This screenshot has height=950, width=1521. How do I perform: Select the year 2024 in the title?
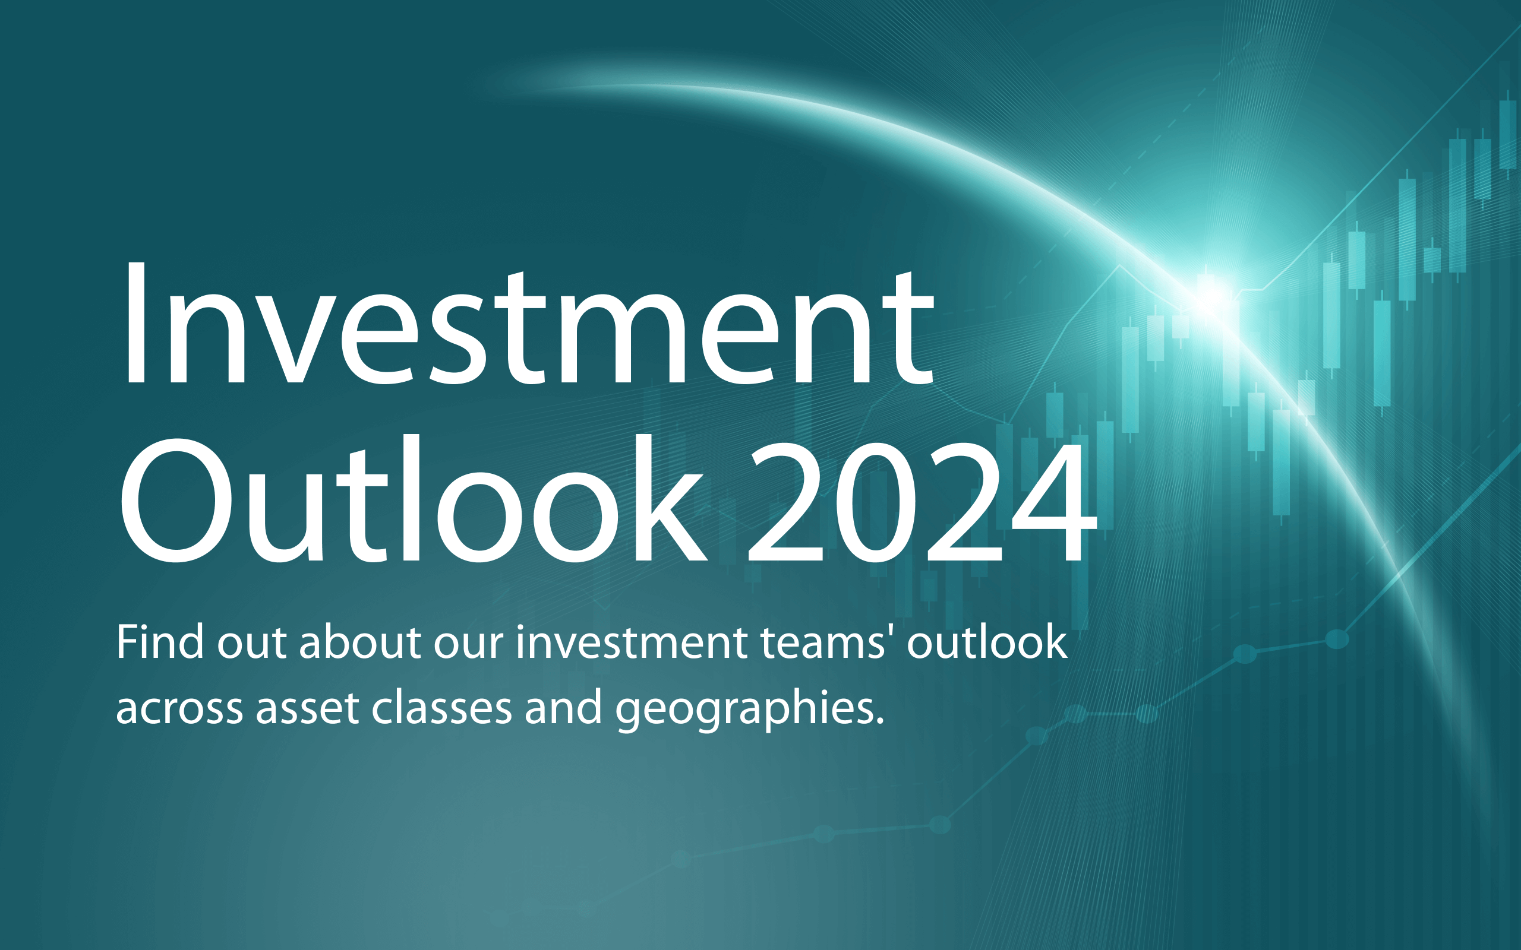pyautogui.click(x=922, y=501)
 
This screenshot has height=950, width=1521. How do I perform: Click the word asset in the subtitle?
pyautogui.click(x=307, y=709)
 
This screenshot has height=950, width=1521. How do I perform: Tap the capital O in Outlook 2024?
pyautogui.click(x=176, y=500)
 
